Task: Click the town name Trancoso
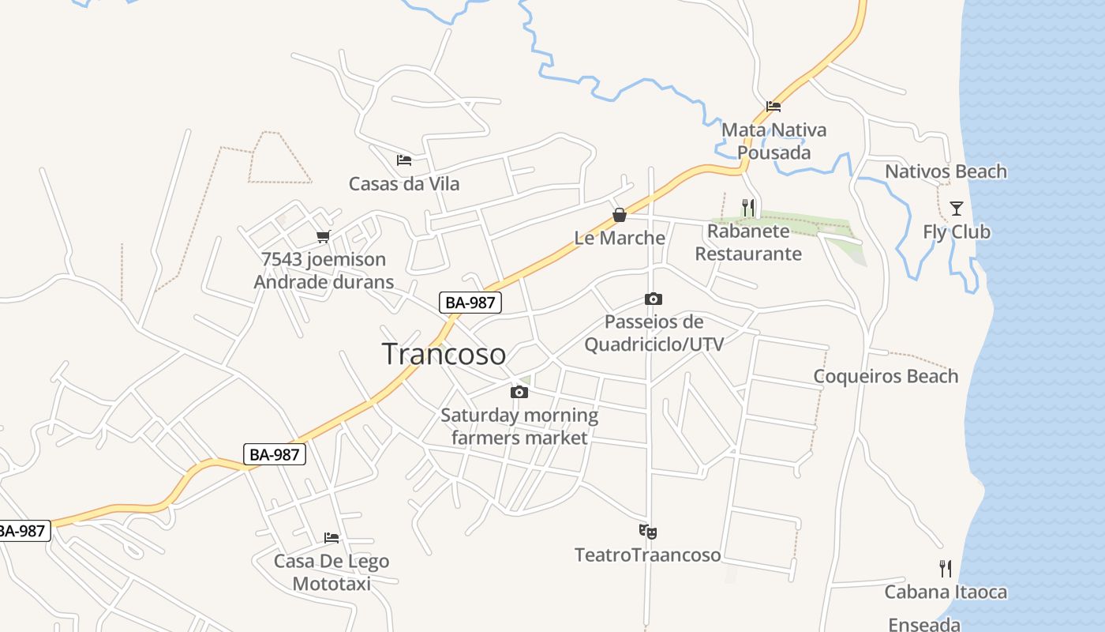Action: pos(444,354)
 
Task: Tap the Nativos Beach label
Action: pos(946,171)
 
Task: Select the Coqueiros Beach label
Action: pos(886,376)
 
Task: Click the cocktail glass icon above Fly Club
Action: pos(957,209)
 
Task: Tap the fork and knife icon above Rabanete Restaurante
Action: pos(748,208)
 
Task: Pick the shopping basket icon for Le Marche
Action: pos(620,215)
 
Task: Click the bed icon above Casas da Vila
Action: pos(404,160)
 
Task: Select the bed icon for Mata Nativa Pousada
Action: pos(773,107)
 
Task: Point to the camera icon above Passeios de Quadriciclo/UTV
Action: pos(654,299)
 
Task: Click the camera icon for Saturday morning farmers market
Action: pos(519,392)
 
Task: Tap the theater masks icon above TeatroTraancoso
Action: pos(648,532)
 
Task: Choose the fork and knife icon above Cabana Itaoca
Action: pos(946,568)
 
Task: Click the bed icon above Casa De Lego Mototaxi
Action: pos(331,538)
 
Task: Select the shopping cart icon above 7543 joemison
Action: pos(323,236)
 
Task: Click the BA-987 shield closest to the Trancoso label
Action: pos(470,302)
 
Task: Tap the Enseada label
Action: pos(924,625)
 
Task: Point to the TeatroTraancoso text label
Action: pos(647,555)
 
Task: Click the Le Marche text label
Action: pos(620,238)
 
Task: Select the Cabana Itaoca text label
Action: pos(946,592)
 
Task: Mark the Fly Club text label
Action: pos(957,231)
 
